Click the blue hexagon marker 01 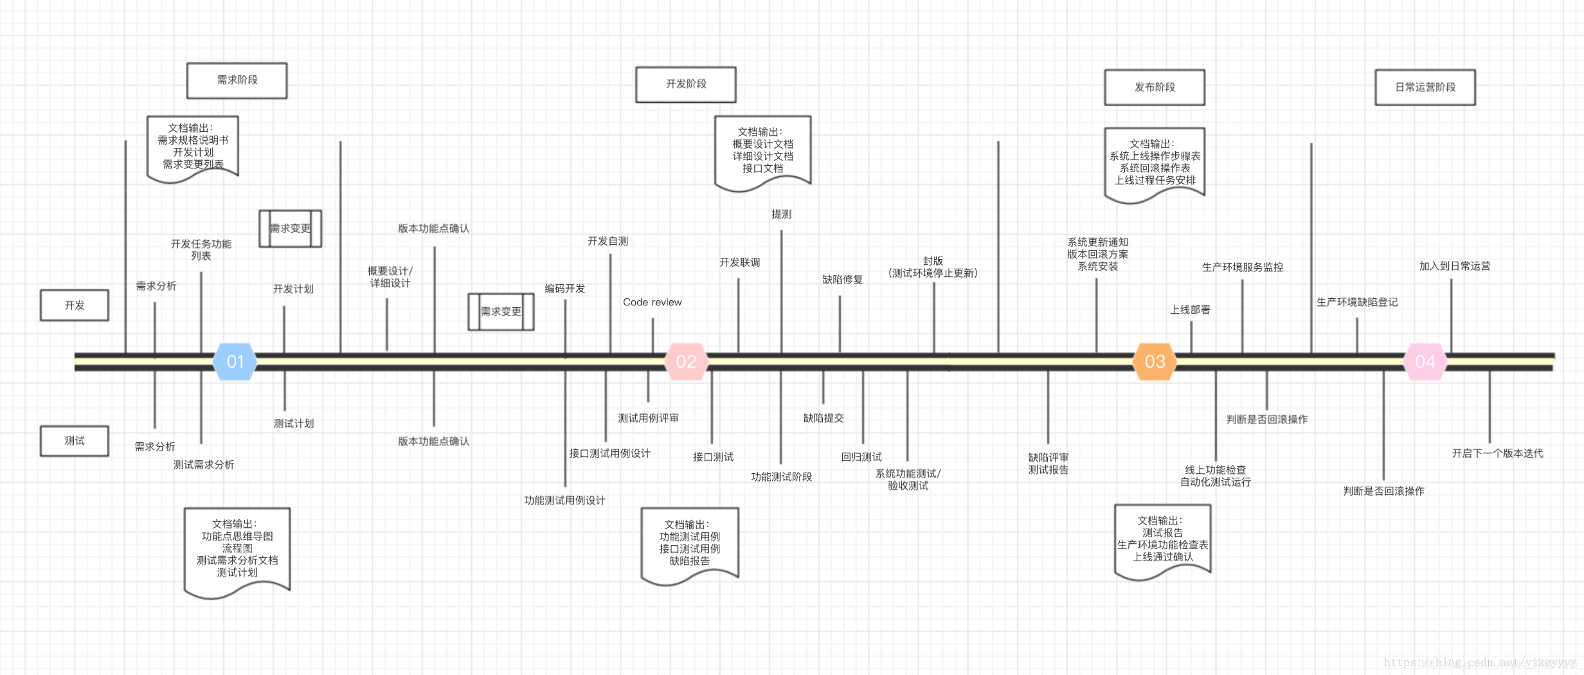click(x=235, y=361)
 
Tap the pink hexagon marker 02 click(x=686, y=361)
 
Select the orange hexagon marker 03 click(x=1155, y=361)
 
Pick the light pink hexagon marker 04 click(x=1425, y=361)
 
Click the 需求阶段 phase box click(x=237, y=80)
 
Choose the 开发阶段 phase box click(x=686, y=84)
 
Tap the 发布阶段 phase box click(x=1155, y=87)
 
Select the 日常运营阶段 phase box click(x=1425, y=87)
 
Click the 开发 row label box click(x=75, y=305)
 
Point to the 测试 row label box click(x=75, y=441)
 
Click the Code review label click(x=652, y=302)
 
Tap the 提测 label click(x=781, y=214)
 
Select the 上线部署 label click(x=1190, y=310)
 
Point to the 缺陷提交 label click(x=824, y=419)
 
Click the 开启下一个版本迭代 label click(x=1497, y=453)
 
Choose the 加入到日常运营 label click(x=1455, y=266)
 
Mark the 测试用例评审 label click(x=648, y=419)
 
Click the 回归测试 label click(x=861, y=457)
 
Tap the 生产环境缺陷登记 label click(x=1357, y=302)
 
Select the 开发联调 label click(x=739, y=262)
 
